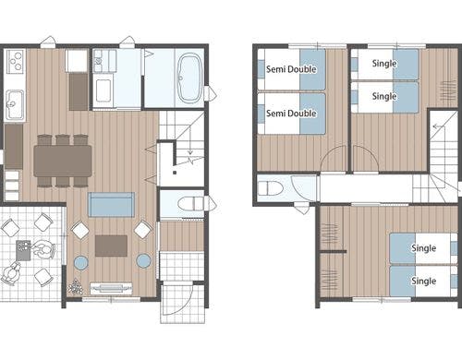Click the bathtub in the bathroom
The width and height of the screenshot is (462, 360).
click(189, 78)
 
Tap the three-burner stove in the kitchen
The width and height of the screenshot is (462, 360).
click(15, 61)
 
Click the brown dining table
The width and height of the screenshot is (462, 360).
click(63, 161)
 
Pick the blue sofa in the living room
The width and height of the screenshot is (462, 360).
click(111, 205)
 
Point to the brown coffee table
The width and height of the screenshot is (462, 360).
click(111, 246)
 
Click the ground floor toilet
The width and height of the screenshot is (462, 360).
click(191, 203)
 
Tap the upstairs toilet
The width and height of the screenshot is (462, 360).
click(271, 188)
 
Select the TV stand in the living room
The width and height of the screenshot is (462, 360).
click(111, 288)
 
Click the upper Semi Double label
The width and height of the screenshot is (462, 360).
click(291, 69)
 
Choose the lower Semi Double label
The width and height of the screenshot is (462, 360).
click(291, 114)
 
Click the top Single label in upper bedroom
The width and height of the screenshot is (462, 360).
click(384, 64)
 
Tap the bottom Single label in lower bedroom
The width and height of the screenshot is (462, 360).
click(424, 281)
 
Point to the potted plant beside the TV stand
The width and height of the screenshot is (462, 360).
click(75, 286)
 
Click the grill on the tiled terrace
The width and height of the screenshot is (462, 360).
click(23, 250)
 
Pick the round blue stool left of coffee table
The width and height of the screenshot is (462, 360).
click(81, 263)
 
